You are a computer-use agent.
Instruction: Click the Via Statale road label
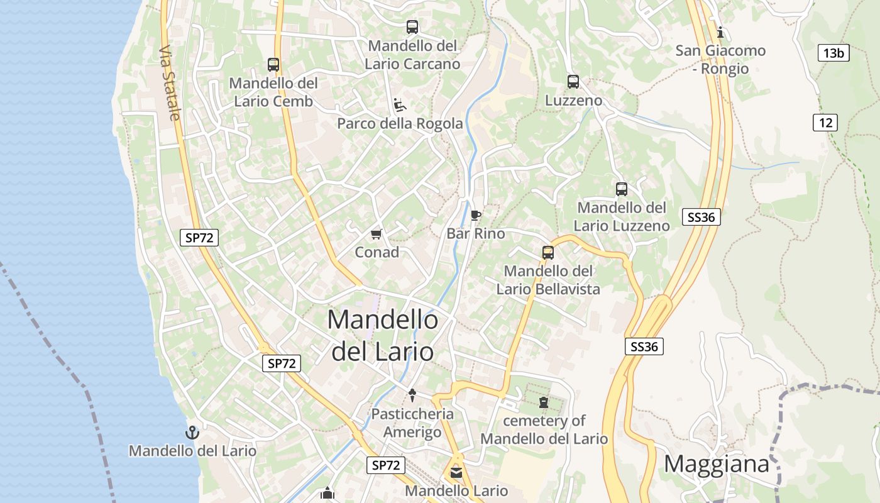(170, 83)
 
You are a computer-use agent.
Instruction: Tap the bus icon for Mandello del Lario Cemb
(273, 64)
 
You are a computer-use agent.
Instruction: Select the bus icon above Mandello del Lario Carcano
(412, 27)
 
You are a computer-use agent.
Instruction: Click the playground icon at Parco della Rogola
(400, 104)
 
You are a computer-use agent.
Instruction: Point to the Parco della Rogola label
(400, 123)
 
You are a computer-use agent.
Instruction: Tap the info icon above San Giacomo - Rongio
(720, 32)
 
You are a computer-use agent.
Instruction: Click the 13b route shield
(833, 53)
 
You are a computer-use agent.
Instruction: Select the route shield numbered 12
(825, 123)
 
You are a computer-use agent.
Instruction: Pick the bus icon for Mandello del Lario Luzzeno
(622, 189)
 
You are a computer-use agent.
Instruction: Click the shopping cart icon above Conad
(377, 234)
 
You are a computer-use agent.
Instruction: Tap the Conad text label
(377, 252)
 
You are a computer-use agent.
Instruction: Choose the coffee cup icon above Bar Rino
(476, 216)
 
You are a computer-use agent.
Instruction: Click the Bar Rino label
(476, 234)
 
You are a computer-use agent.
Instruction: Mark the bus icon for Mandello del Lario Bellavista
(548, 253)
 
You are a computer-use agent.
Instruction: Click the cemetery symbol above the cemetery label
(544, 402)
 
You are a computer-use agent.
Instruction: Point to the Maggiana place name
(717, 464)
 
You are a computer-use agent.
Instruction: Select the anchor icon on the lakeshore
(192, 433)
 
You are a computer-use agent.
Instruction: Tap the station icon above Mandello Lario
(456, 472)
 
